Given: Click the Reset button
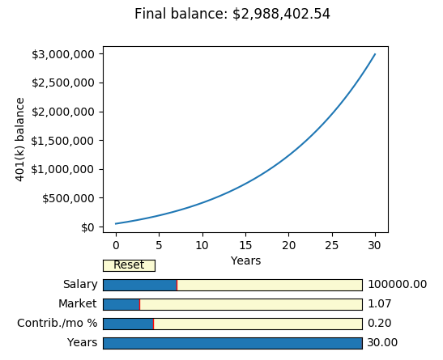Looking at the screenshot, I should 129,265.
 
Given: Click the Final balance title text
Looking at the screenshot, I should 232,14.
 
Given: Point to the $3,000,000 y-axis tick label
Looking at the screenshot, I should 68,54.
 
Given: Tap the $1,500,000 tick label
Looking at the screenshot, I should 68,140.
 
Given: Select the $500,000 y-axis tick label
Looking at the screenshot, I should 71,198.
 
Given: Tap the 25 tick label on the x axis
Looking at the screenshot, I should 331,245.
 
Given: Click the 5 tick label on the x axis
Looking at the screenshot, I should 159,245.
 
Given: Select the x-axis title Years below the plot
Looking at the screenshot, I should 245,260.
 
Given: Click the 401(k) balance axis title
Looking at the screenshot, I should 20,139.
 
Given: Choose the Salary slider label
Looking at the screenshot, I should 80,285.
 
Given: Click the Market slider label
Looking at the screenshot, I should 78,304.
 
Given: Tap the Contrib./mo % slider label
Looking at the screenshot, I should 58,324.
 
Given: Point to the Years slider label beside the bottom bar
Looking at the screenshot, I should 83,343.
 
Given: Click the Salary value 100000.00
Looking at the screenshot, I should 397,285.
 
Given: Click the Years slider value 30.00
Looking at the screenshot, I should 382,343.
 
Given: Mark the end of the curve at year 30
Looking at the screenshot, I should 375,55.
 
